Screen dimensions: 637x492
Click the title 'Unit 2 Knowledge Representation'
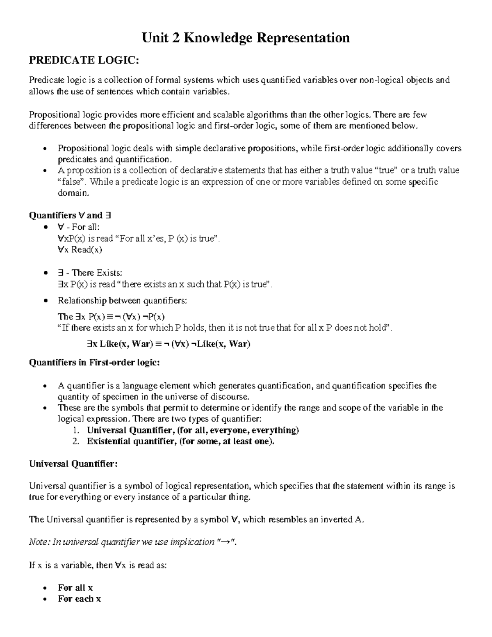pos(246,38)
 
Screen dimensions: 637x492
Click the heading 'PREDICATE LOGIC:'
pos(84,61)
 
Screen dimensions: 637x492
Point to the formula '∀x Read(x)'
pos(80,249)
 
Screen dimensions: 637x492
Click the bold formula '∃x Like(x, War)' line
pos(166,344)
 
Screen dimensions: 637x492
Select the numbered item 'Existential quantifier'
pos(180,441)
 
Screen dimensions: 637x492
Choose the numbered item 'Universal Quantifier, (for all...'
pos(193,430)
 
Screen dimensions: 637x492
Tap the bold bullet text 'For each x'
pos(80,598)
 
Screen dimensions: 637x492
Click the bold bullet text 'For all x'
pos(75,587)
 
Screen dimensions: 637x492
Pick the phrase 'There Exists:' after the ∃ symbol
pos(97,273)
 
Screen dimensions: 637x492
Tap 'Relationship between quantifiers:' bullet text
pos(122,301)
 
